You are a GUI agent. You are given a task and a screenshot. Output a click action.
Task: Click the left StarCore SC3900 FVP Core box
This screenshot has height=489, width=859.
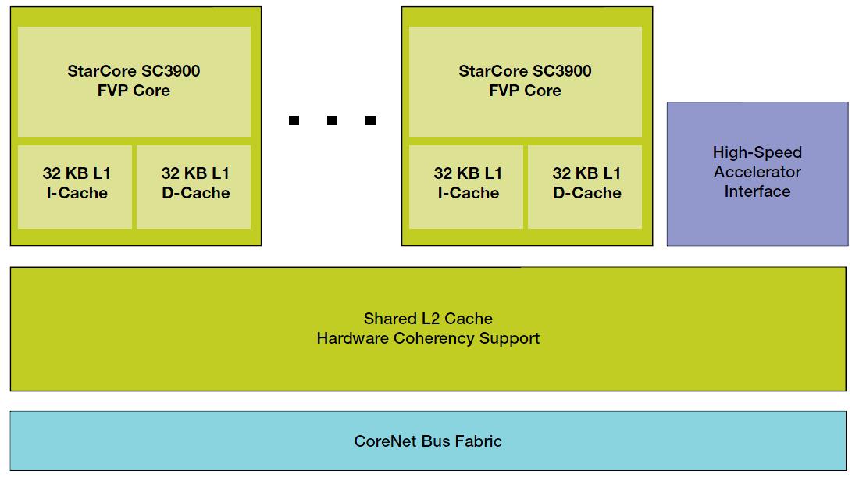(x=134, y=81)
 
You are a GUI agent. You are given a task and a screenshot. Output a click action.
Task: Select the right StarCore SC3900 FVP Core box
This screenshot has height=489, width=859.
(x=525, y=81)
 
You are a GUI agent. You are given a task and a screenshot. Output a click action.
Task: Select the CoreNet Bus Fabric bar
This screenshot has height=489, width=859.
(x=428, y=441)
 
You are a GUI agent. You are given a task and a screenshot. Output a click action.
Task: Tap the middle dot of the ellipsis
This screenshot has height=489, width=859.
(x=332, y=120)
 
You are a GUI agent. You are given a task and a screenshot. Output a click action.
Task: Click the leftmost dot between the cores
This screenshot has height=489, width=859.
(x=294, y=120)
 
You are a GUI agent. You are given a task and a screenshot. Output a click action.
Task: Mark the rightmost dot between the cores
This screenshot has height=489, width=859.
(x=370, y=120)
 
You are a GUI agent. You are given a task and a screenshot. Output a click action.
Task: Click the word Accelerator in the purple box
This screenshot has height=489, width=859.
(x=757, y=172)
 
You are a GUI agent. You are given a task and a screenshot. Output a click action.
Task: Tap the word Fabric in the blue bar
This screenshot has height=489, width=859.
(x=478, y=441)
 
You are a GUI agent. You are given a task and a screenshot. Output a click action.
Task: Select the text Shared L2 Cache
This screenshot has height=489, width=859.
(x=428, y=319)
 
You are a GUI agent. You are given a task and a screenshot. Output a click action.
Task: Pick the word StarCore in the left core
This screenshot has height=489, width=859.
(x=101, y=71)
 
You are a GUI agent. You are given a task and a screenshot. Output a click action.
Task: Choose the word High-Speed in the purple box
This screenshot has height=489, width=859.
(x=757, y=152)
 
